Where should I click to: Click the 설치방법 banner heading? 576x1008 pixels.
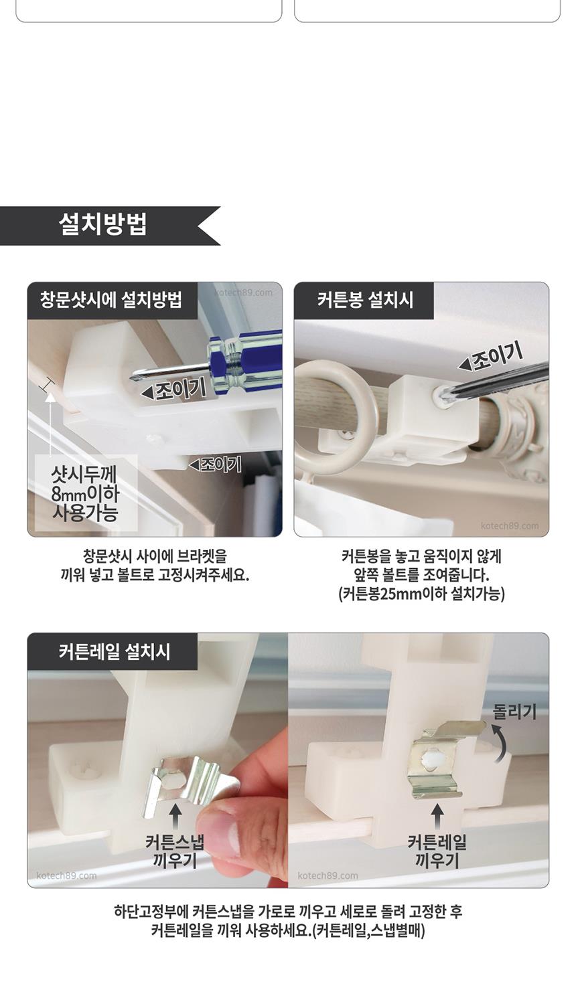click(102, 224)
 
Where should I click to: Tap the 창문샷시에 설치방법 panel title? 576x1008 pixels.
click(111, 300)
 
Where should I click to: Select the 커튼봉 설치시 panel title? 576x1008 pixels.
click(365, 300)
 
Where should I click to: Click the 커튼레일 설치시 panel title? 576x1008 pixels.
click(115, 651)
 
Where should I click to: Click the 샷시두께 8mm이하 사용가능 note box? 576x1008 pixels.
click(86, 493)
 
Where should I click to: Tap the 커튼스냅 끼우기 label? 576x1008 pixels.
click(175, 851)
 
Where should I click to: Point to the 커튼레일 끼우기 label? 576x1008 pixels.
click(437, 851)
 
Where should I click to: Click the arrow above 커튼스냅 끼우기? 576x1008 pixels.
click(175, 816)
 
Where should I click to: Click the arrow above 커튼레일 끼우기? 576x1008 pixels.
click(437, 816)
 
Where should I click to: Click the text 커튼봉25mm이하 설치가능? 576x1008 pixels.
click(421, 594)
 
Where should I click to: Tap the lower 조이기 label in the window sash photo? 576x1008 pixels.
click(215, 464)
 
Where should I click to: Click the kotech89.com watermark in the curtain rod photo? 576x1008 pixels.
click(509, 525)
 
